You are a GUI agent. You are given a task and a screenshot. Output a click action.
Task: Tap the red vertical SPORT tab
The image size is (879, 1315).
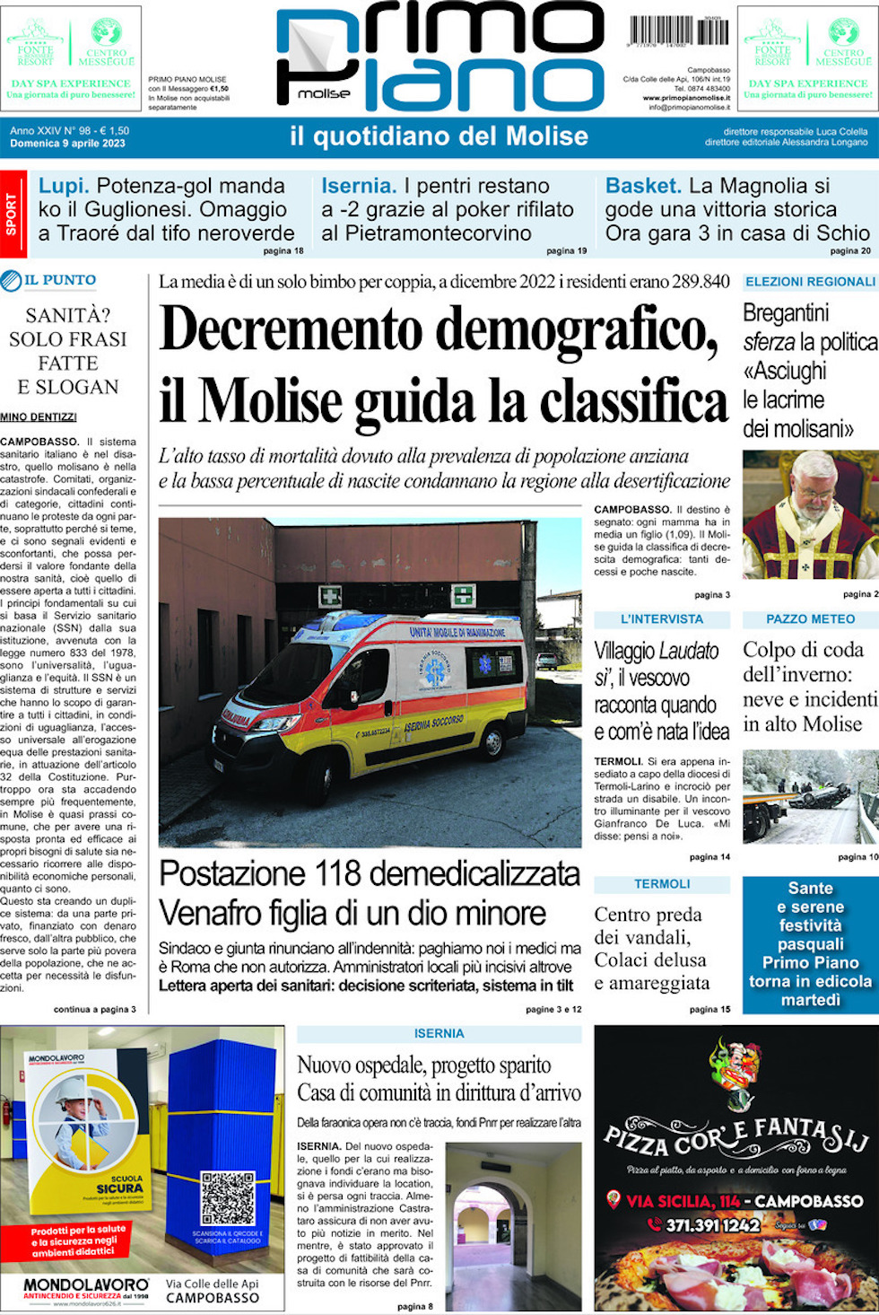(11, 214)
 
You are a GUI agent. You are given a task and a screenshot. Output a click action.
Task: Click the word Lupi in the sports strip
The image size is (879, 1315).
(64, 186)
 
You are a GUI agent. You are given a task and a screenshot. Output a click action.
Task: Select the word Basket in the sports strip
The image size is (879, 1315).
(643, 186)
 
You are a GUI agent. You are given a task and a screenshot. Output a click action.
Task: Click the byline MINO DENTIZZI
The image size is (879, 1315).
(39, 416)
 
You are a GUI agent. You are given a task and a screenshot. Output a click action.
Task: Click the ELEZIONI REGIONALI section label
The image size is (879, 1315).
(810, 282)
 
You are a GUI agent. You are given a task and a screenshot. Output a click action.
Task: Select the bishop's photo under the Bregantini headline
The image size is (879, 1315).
(810, 514)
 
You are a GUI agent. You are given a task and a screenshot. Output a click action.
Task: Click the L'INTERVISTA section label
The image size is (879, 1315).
(662, 619)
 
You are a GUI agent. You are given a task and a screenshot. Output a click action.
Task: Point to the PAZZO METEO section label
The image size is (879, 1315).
(810, 619)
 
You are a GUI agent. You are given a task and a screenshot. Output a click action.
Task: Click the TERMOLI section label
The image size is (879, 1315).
(662, 884)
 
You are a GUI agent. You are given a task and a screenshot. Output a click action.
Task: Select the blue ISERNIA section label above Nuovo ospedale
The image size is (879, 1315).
(439, 1034)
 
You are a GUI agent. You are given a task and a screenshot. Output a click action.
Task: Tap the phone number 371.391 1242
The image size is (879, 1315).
(712, 1224)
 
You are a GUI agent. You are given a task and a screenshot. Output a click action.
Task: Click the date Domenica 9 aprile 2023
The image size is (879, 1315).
(67, 144)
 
